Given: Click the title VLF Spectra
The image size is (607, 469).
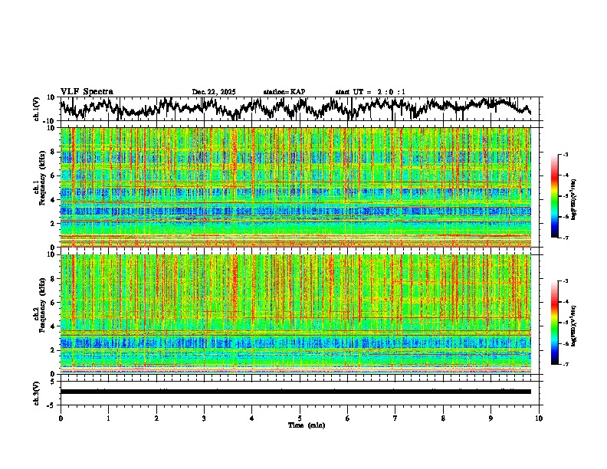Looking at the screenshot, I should (87, 91).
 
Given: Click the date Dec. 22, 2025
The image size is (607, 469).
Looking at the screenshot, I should (213, 92).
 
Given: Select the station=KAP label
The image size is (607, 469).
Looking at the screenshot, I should (284, 92).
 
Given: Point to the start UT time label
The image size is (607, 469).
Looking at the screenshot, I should (370, 92).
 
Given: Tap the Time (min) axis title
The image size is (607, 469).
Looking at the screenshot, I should (306, 425).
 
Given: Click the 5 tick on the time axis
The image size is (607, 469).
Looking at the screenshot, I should (300, 418).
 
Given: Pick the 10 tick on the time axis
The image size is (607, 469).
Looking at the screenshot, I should (539, 418).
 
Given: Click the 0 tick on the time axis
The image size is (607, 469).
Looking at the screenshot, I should (61, 418).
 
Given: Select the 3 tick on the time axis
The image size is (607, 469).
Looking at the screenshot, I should (204, 418).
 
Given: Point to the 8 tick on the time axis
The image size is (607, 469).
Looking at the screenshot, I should (443, 418).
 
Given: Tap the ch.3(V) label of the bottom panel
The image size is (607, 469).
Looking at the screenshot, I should (37, 391).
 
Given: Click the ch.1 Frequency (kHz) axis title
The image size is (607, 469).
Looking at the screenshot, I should (40, 186).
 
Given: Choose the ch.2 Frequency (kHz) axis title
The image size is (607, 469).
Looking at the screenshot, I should (40, 313).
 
